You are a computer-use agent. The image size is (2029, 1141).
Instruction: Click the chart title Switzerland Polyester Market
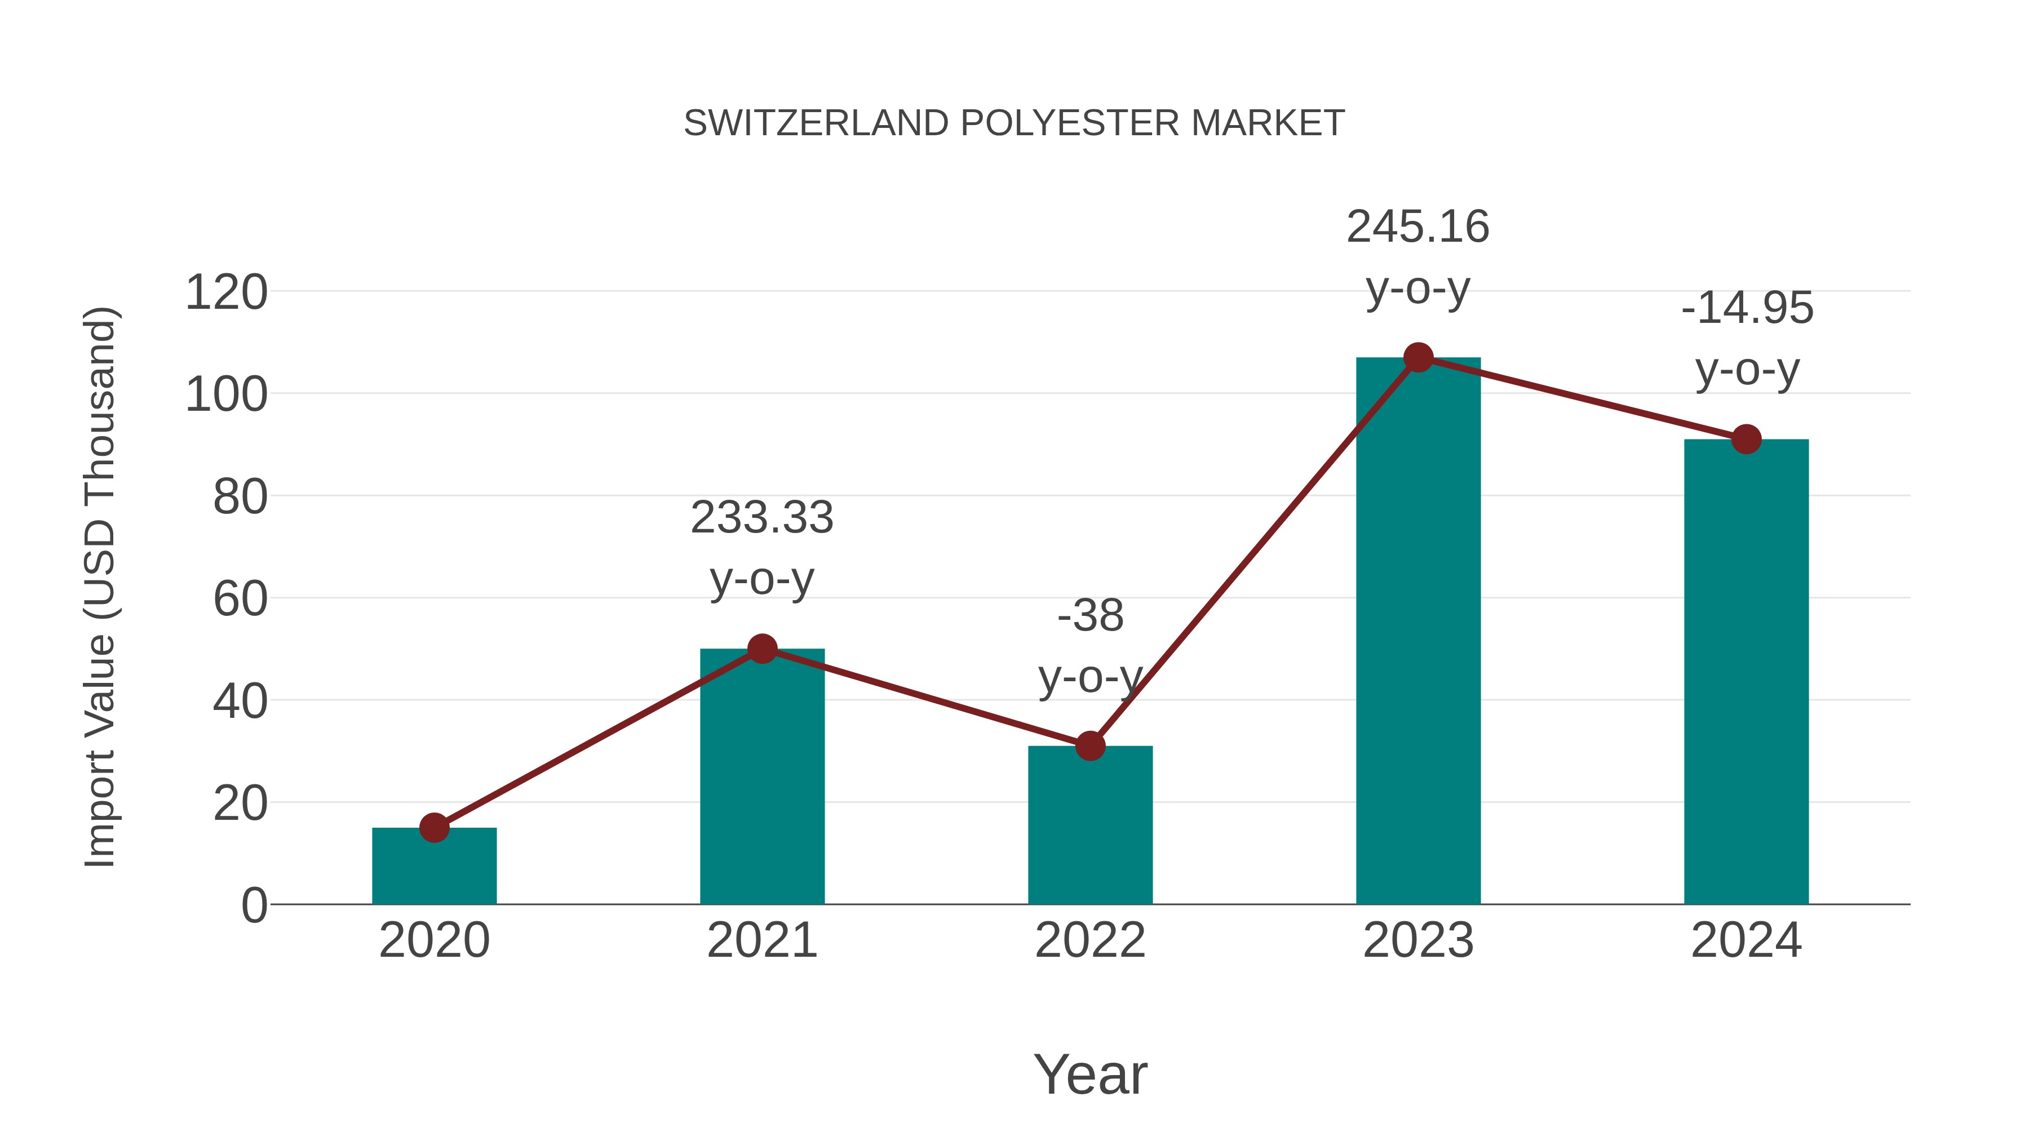pos(1014,123)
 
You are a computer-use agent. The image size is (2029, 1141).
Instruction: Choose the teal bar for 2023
pos(1418,630)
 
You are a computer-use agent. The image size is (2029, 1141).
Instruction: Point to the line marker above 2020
pos(434,828)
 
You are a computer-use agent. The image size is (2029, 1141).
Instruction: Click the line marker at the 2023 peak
pos(1418,357)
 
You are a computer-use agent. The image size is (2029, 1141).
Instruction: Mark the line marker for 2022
pos(1090,745)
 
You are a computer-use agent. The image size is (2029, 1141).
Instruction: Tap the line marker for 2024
pos(1746,439)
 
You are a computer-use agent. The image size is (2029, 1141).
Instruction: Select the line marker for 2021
pos(761,649)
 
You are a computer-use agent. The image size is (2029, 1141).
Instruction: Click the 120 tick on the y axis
pos(226,293)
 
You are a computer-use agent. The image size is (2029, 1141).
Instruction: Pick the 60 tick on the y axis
pos(240,600)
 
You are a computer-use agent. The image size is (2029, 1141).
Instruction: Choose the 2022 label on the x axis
pos(1090,941)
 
